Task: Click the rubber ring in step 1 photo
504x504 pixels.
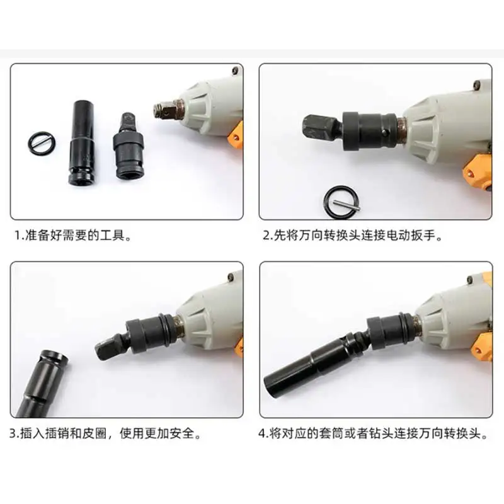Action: (x=41, y=139)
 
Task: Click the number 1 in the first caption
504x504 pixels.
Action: (x=18, y=236)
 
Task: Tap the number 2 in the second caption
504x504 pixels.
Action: (x=266, y=236)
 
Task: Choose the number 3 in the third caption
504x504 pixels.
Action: (x=14, y=434)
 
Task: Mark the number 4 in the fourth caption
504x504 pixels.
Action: (x=263, y=434)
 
